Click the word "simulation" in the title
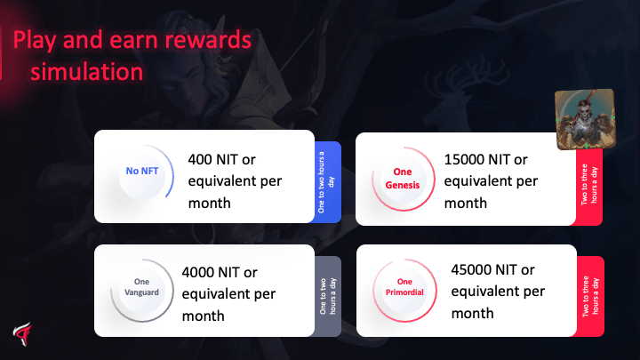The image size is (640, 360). coord(86,72)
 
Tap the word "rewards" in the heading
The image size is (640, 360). coord(208,40)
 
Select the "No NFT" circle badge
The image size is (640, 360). coord(142,172)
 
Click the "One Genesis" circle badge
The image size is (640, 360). coord(403,179)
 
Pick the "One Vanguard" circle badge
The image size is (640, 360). coord(141,290)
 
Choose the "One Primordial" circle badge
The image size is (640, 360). coord(404,290)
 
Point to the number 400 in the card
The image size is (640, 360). coord(200,159)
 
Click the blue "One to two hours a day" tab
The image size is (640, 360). coord(328,182)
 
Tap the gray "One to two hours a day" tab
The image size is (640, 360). coord(328,296)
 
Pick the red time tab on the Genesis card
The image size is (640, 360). coord(589,186)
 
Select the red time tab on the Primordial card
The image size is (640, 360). coord(590,296)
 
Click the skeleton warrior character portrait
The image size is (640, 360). coord(585,119)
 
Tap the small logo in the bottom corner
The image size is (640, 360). coord(22,334)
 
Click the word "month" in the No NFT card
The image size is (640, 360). coord(210,203)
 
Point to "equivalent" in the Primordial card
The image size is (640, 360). coord(482,292)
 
